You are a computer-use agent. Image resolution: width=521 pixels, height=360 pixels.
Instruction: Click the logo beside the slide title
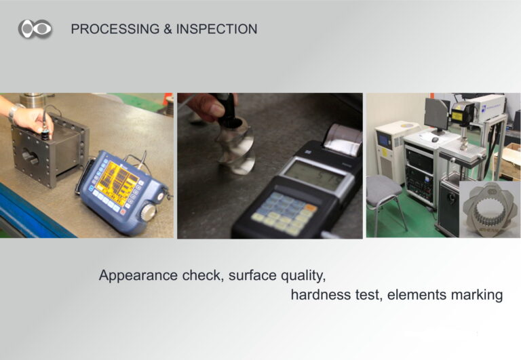(x=35, y=28)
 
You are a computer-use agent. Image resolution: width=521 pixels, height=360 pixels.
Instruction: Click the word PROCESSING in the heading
(x=115, y=29)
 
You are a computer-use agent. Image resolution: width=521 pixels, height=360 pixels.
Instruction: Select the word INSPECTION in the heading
(x=216, y=29)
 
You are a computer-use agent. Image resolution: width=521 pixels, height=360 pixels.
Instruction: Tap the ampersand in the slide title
(x=168, y=29)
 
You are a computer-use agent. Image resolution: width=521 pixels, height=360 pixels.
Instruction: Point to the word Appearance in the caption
(x=138, y=276)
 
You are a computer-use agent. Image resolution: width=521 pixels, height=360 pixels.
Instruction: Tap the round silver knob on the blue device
(x=149, y=212)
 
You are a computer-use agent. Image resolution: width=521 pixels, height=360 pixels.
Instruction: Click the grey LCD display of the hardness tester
(x=313, y=176)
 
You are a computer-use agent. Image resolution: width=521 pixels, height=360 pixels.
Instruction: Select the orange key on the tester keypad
(x=310, y=208)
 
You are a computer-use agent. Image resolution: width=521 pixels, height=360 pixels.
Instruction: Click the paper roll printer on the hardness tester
(x=342, y=140)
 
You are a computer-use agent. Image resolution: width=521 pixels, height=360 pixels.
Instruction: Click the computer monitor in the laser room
(x=437, y=115)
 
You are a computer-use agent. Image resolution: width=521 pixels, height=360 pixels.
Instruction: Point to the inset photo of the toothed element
(x=490, y=209)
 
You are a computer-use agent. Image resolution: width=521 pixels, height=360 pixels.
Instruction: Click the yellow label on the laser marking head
(x=457, y=116)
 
